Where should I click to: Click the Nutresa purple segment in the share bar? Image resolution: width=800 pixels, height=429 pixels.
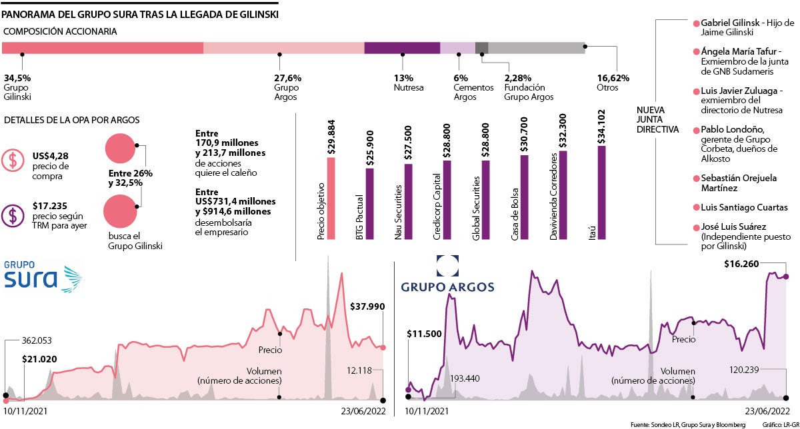tap(402, 48)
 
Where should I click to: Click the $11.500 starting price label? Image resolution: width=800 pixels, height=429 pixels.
tap(424, 333)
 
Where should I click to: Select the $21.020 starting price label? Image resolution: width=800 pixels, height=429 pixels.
tap(39, 359)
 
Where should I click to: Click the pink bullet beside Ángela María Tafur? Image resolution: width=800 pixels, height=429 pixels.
tap(697, 51)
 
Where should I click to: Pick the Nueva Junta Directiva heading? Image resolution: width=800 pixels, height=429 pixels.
tap(657, 119)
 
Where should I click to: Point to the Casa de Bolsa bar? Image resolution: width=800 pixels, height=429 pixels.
tap(524, 197)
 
